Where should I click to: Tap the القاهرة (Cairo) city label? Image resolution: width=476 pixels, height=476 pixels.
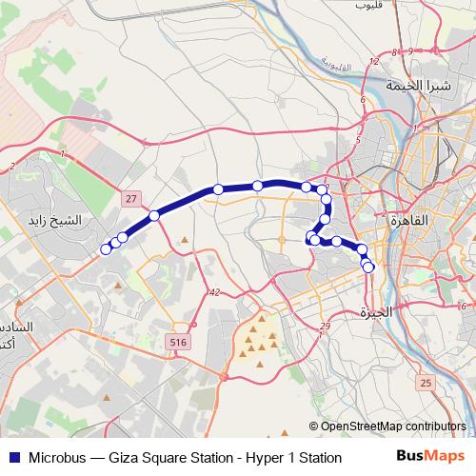(410, 219)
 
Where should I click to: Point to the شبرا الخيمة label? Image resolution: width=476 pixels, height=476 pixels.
(417, 85)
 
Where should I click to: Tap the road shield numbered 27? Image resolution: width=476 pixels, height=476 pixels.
(130, 197)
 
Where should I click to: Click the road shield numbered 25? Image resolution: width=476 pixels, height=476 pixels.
(425, 382)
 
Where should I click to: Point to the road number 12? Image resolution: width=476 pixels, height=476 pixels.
(375, 62)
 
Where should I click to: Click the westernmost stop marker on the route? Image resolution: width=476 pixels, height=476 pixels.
(106, 249)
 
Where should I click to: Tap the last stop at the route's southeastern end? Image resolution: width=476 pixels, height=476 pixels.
(368, 268)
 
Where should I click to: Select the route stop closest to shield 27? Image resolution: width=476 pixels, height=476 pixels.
(153, 215)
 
